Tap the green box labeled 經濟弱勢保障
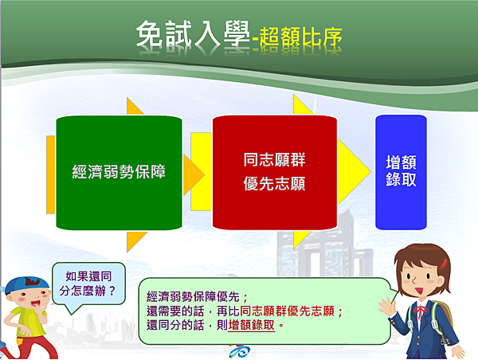coord(119,173)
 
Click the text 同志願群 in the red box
coord(274,160)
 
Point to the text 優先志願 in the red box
coord(274,183)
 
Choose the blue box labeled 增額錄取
coord(401,172)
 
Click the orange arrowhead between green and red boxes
coord(194,174)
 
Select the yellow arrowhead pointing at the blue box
coord(354,172)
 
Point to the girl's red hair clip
coord(443,264)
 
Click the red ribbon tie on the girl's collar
coord(420,313)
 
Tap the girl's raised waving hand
coord(386,307)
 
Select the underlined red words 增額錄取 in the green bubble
coord(252,325)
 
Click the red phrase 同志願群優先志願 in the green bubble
coord(287,311)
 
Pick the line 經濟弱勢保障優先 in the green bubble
coord(193,296)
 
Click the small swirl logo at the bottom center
coord(240,351)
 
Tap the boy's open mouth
coord(35,304)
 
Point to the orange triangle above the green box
coord(134,106)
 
